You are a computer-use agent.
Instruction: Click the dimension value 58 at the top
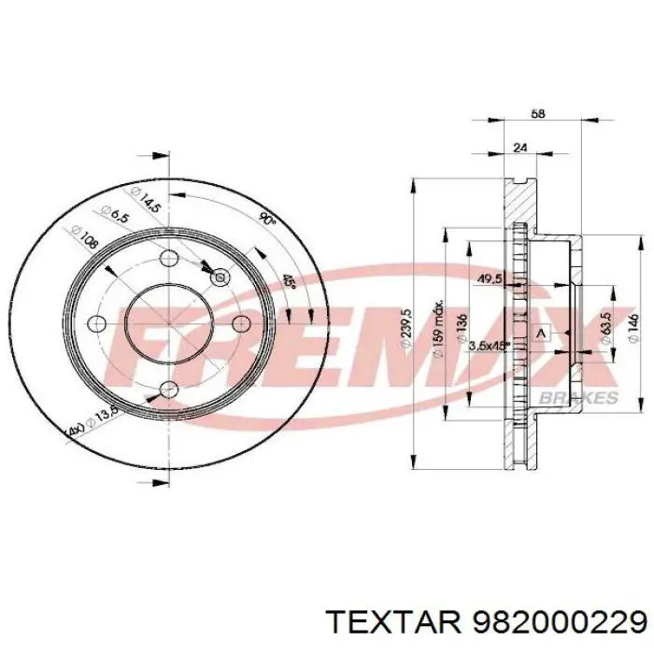(536, 113)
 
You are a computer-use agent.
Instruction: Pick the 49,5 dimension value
(489, 277)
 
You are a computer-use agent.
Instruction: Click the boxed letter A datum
(539, 333)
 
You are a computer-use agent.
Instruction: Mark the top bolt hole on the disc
(168, 260)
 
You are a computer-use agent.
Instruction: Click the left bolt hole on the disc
(96, 323)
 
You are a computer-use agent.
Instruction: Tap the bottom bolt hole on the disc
(168, 389)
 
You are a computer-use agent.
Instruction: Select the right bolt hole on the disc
(240, 323)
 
